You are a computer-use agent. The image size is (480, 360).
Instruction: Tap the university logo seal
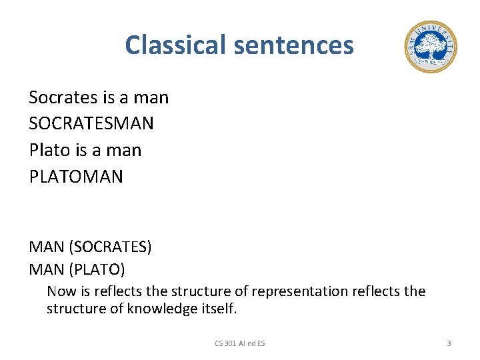point(430,47)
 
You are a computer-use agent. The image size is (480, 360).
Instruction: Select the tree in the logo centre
point(430,45)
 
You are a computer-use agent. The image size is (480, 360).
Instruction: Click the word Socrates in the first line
point(63,98)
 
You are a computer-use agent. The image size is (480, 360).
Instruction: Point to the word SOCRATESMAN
point(91,124)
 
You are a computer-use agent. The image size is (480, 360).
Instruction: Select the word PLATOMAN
point(76,177)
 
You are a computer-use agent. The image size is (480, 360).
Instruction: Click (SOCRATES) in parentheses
point(110,247)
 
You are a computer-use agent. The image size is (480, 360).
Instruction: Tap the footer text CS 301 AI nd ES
point(240,343)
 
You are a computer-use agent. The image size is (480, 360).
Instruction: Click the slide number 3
point(449,343)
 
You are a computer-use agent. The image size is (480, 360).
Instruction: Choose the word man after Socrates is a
point(151,98)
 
